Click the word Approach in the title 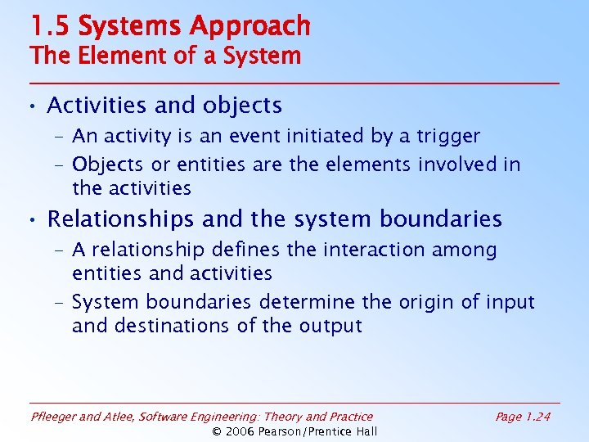250,27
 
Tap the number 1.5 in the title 50,26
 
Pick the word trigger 449,136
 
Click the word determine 308,302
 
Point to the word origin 426,302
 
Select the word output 330,326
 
